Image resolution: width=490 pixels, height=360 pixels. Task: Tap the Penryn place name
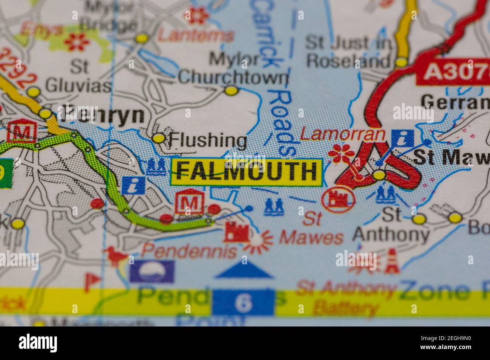[x=102, y=115]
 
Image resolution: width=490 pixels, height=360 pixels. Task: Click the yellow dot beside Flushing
[x=159, y=139]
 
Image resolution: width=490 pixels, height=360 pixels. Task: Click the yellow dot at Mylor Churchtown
[x=231, y=90]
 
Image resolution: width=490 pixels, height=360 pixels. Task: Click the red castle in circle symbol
[x=338, y=200]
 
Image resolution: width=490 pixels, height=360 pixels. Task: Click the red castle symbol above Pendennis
[x=236, y=232]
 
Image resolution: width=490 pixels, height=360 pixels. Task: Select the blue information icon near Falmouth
[x=133, y=185]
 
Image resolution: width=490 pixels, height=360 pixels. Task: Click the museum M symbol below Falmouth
[x=190, y=203]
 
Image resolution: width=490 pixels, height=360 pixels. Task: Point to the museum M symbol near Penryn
[x=24, y=132]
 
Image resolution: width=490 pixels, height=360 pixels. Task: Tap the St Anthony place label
[x=391, y=226]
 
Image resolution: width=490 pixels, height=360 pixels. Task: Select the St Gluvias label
[x=79, y=77]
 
